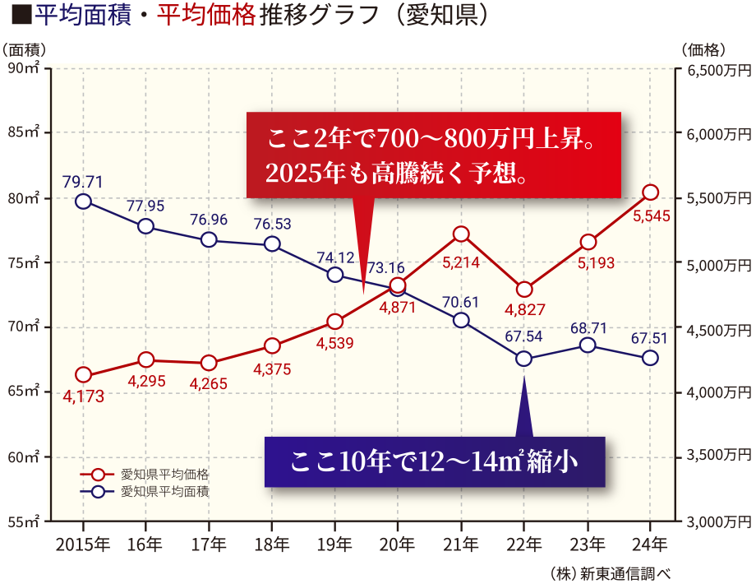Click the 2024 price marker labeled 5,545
[x=650, y=192]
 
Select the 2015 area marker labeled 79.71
[x=83, y=202]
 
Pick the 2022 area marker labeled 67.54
[x=524, y=359]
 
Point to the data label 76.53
[x=273, y=224]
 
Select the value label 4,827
[x=524, y=311]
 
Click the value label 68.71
[x=588, y=328]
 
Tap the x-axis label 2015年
[x=82, y=545]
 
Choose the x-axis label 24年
[x=650, y=545]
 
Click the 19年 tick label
[x=335, y=545]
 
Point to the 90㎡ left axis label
[x=25, y=69]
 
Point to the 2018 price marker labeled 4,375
[x=273, y=345]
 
